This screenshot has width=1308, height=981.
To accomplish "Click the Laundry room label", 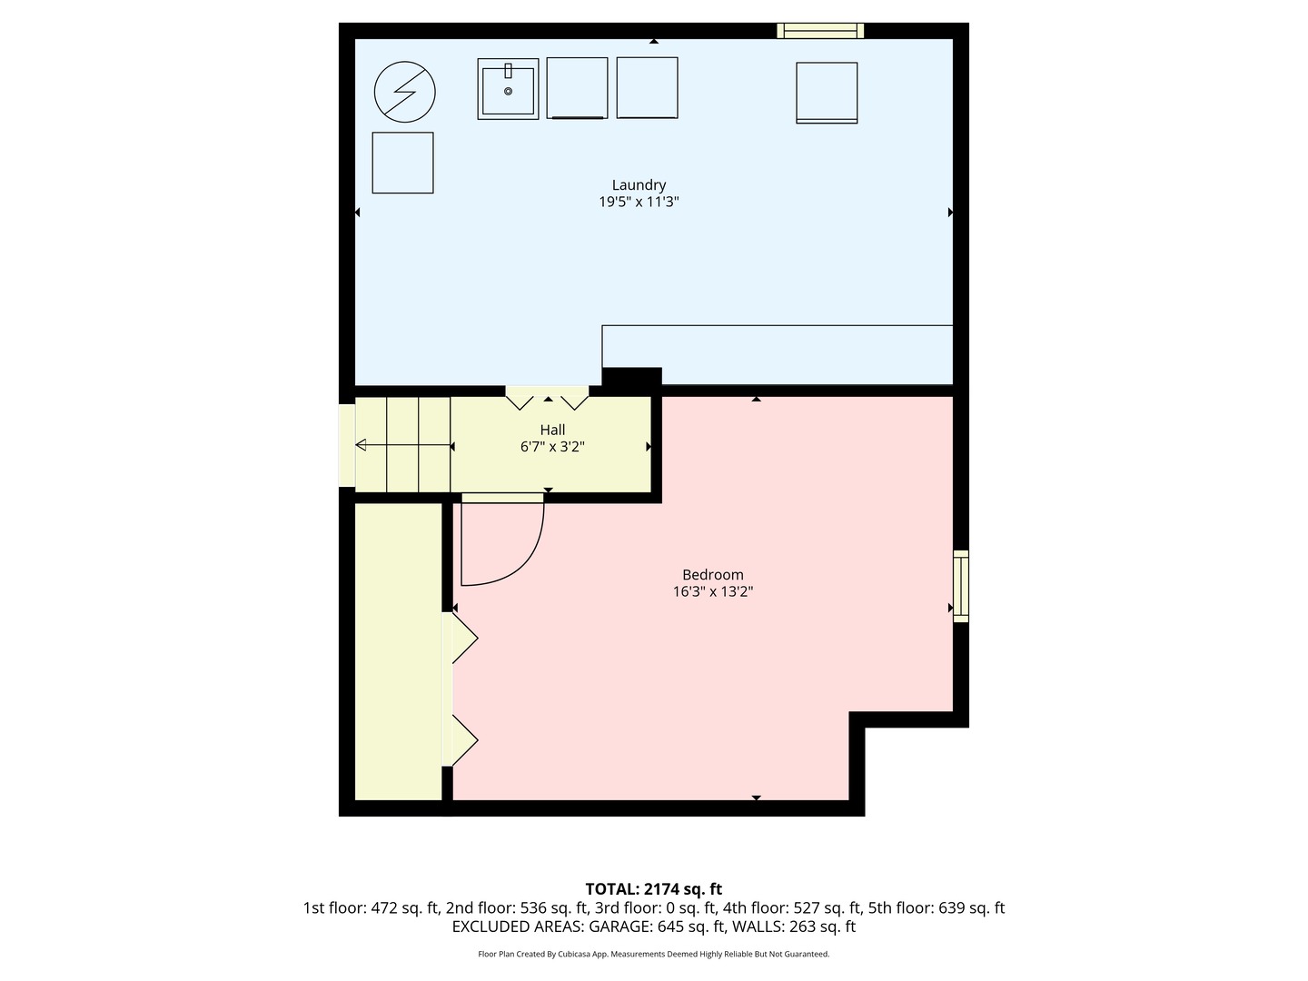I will click(x=639, y=185).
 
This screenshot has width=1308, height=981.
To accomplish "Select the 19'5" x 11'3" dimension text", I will click(x=639, y=203).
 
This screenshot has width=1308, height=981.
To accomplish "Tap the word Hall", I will click(x=552, y=430).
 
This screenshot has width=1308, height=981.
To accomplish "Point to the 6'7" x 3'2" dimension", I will click(x=552, y=447).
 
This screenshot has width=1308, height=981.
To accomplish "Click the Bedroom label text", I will click(x=713, y=574).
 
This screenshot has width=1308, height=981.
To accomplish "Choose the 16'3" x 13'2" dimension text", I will click(x=713, y=592).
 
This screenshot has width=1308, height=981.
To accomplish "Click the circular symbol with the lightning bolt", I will click(x=405, y=92).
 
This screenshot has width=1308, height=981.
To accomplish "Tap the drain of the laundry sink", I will click(x=508, y=92).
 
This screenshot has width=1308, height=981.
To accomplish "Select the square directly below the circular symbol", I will click(x=402, y=163).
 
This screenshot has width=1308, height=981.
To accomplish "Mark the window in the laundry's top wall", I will click(x=820, y=31).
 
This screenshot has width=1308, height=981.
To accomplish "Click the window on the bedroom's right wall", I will click(x=960, y=586).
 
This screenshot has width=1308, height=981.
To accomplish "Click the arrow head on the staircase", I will click(x=361, y=445).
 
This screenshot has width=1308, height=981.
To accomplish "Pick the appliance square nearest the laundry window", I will click(x=827, y=93).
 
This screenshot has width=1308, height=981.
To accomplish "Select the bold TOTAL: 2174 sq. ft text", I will click(x=653, y=889).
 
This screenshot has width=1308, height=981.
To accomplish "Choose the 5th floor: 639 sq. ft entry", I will click(x=936, y=908).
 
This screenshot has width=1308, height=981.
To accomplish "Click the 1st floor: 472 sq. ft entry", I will click(x=371, y=908).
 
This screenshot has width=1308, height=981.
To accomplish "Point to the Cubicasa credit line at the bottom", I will click(x=653, y=955).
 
